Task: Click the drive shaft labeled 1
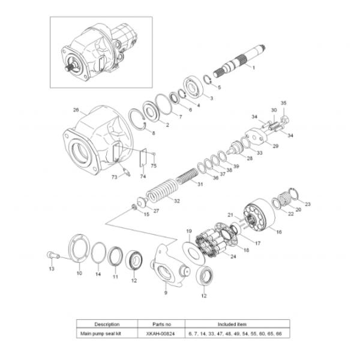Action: pos(239,61)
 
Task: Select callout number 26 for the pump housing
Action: pos(76,110)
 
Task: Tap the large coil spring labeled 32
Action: pos(163,191)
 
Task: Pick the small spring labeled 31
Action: pos(187,176)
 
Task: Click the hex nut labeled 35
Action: pos(284,119)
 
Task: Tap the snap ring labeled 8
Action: pos(138,119)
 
